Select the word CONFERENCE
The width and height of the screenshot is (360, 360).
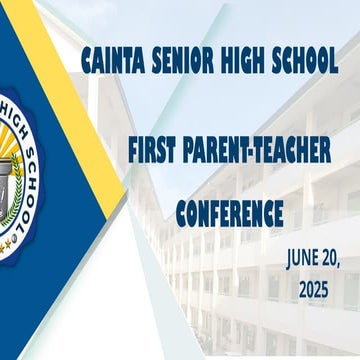coord(229,212)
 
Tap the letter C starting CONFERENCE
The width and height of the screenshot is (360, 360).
coord(181,212)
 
